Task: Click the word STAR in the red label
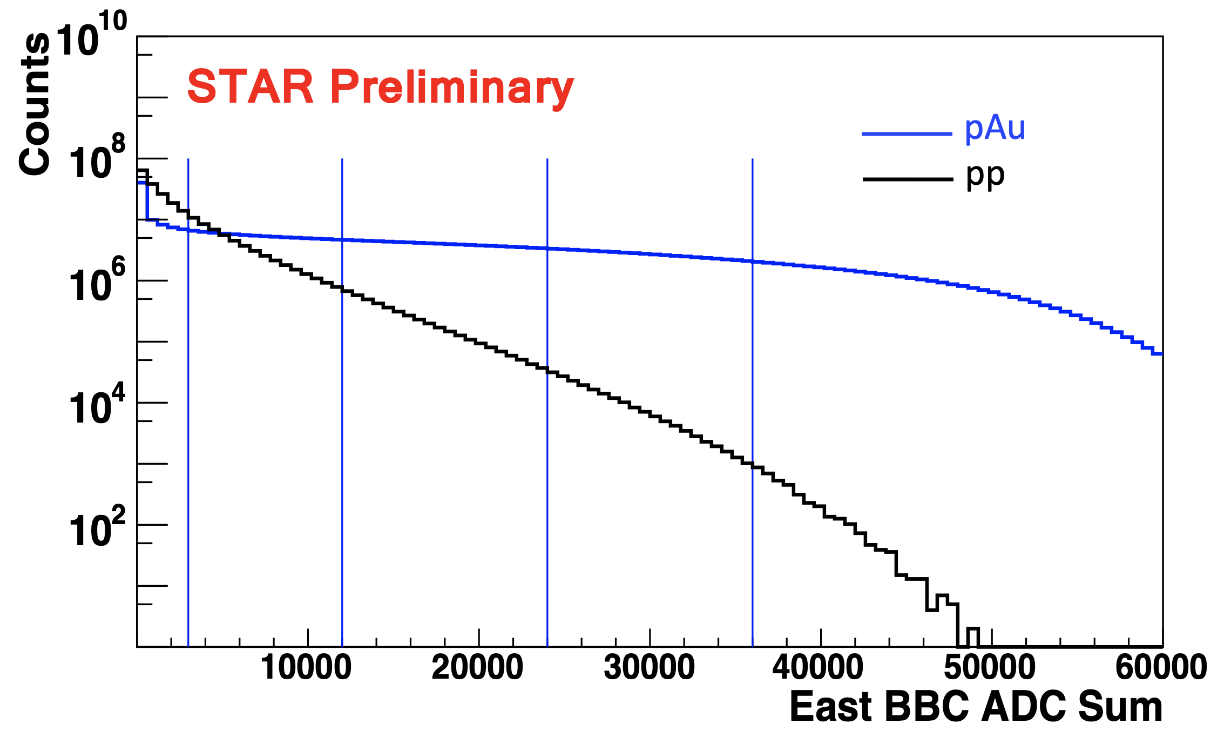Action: tap(251, 86)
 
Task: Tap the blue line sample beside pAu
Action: tap(907, 133)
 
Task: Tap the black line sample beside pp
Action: tap(908, 179)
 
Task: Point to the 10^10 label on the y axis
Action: tap(91, 33)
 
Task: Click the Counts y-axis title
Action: tap(35, 104)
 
